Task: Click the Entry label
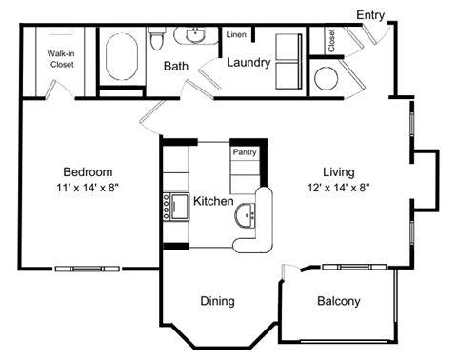click(x=371, y=14)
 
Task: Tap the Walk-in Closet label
click(x=63, y=60)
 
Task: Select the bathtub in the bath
click(x=122, y=60)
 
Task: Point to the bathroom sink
click(x=197, y=36)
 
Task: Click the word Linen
click(x=236, y=35)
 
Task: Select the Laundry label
click(x=249, y=63)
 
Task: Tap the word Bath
click(x=175, y=66)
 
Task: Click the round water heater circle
click(x=328, y=78)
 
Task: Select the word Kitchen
click(x=213, y=202)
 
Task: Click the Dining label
click(x=217, y=301)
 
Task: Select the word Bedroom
click(x=87, y=171)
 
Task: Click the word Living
click(x=338, y=171)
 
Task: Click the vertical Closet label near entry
click(x=331, y=40)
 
